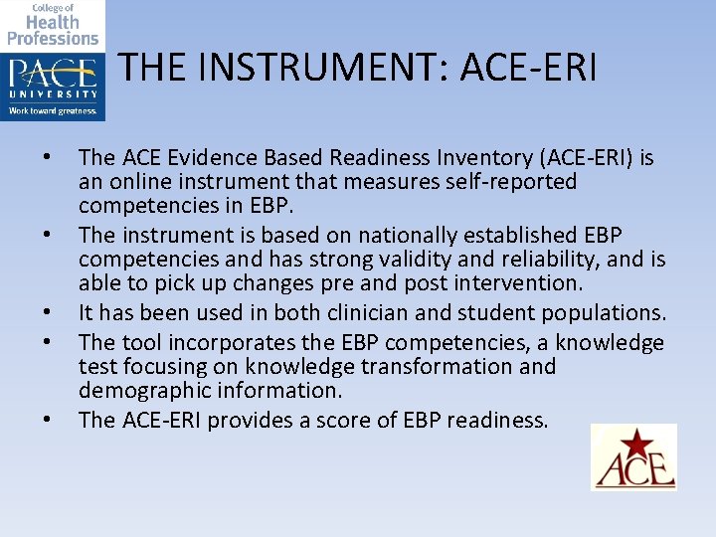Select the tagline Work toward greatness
point(53,111)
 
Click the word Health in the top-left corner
point(53,22)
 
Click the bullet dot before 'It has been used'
point(46,312)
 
